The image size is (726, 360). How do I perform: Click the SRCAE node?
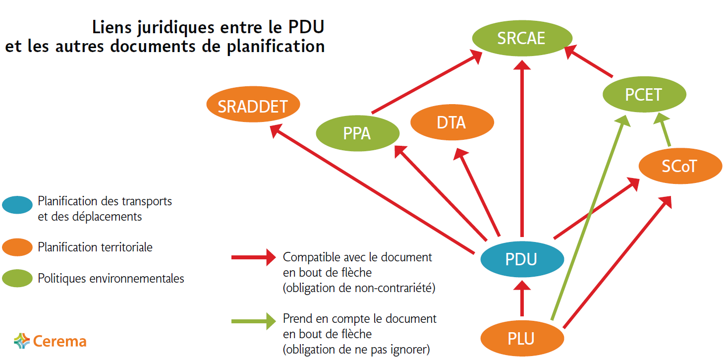522,38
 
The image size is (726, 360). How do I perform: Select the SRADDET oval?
253,106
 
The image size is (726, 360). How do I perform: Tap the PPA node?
357,133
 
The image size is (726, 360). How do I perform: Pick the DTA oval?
451,122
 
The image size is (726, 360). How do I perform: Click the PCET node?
644,94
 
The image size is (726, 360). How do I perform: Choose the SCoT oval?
679,166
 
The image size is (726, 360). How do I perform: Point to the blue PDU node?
521,259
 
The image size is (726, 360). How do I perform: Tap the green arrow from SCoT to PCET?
666,130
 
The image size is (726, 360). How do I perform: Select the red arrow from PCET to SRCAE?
590,61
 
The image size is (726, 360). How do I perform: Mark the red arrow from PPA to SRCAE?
426,83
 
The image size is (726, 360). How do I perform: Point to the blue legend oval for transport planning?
17,204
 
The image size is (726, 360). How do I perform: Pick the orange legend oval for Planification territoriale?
17,247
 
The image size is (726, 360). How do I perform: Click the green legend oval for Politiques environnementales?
17,279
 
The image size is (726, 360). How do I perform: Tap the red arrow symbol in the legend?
253,257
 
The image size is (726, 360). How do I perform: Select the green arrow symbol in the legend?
253,321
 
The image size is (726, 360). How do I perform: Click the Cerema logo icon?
22,341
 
